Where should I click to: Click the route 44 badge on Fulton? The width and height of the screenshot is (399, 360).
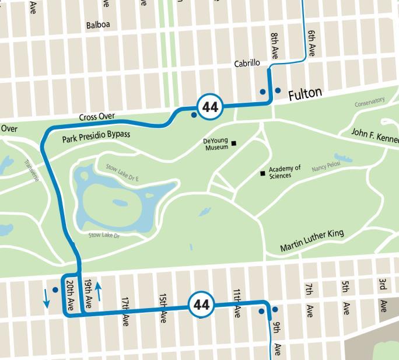pyautogui.click(x=209, y=107)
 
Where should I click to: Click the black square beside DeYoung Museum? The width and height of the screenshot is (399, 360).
pyautogui.click(x=234, y=143)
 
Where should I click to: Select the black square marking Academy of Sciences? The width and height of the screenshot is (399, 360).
pyautogui.click(x=262, y=173)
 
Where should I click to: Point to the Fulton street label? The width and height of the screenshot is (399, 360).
pyautogui.click(x=305, y=93)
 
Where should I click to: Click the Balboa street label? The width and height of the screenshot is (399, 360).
pyautogui.click(x=98, y=25)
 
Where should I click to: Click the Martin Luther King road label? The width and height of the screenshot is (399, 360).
pyautogui.click(x=311, y=240)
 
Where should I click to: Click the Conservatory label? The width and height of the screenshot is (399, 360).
pyautogui.click(x=370, y=103)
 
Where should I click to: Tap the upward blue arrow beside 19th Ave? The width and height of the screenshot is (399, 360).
pyautogui.click(x=99, y=290)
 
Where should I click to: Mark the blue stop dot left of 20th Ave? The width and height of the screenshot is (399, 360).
pyautogui.click(x=55, y=289)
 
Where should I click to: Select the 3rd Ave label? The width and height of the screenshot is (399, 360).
pyautogui.click(x=383, y=295)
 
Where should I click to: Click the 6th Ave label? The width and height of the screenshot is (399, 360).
pyautogui.click(x=311, y=42)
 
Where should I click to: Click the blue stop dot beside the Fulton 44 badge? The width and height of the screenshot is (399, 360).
pyautogui.click(x=194, y=115)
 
